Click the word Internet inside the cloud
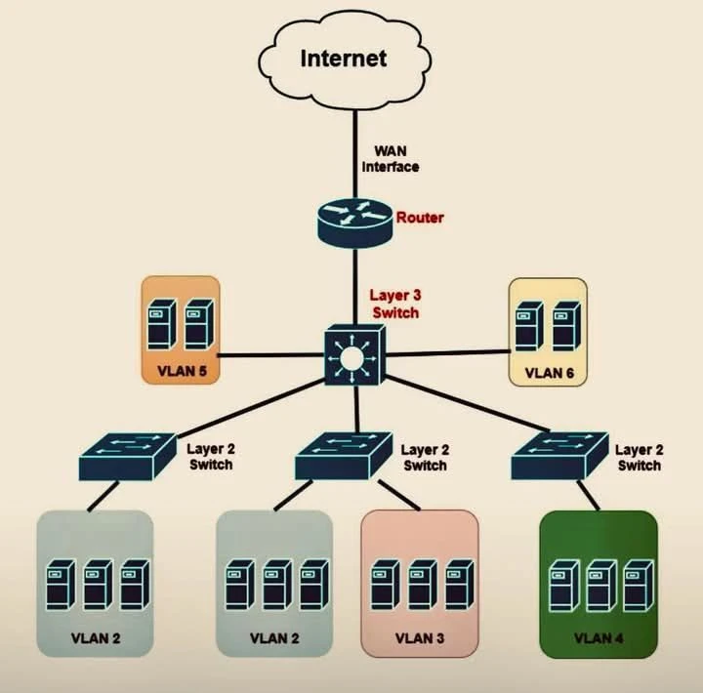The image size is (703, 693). click(x=343, y=58)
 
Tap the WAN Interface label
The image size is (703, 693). click(x=391, y=159)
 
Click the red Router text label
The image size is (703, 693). click(x=419, y=217)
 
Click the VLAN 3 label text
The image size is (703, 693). click(x=421, y=638)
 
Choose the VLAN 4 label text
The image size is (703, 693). click(x=599, y=638)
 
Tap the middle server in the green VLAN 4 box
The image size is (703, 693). click(x=599, y=584)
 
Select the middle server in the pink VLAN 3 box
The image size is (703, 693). click(x=421, y=584)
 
